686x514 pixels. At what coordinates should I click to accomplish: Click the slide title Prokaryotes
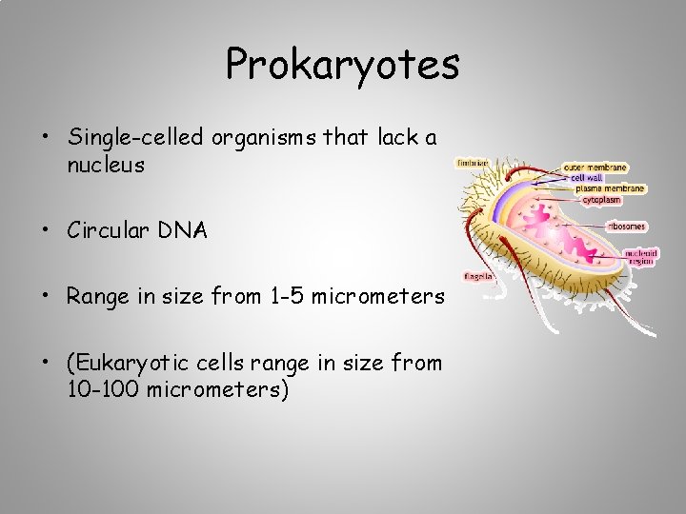click(343, 65)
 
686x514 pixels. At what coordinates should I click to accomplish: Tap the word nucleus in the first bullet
click(106, 166)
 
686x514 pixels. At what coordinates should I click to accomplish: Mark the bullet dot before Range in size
click(46, 297)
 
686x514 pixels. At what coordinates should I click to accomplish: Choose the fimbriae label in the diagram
click(474, 163)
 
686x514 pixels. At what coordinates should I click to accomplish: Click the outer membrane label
click(595, 168)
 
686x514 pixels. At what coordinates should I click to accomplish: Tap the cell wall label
click(587, 178)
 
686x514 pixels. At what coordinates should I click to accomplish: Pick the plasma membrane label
click(610, 188)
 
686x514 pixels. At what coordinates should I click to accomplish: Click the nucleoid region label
click(640, 257)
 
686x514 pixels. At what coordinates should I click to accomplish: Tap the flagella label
click(477, 276)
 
